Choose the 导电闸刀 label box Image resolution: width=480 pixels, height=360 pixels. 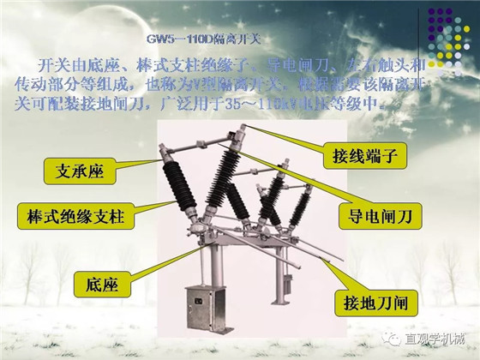pyautogui.click(x=381, y=217)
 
